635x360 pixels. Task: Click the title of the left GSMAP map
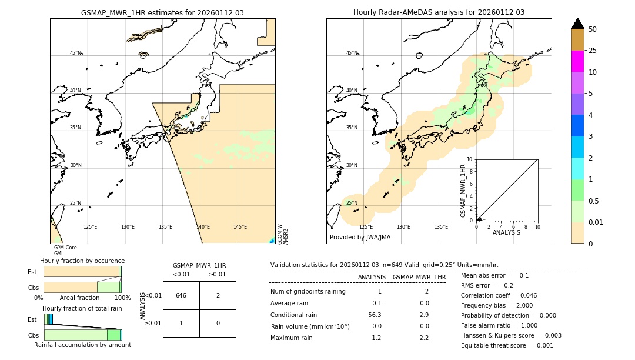(x=162, y=12)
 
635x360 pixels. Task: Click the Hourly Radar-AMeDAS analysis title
(x=439, y=12)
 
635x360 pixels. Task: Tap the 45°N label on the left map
(x=75, y=53)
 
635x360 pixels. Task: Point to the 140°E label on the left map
(x=203, y=227)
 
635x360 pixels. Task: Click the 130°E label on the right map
(x=403, y=227)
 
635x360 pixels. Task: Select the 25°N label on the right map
(x=351, y=203)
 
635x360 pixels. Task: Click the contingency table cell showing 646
(x=181, y=295)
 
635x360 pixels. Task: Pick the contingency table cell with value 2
(x=218, y=295)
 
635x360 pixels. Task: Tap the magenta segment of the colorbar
(x=577, y=61)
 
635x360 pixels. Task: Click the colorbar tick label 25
(x=593, y=51)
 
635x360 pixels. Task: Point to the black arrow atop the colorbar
(x=577, y=24)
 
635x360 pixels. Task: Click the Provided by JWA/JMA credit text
(x=360, y=238)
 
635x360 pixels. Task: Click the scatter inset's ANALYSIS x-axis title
(x=506, y=232)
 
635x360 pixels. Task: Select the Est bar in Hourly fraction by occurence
(x=82, y=271)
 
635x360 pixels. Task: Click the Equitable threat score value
(x=542, y=345)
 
